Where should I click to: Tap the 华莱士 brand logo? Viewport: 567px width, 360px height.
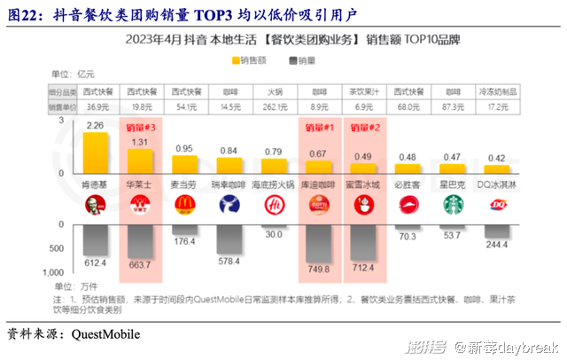[140, 206]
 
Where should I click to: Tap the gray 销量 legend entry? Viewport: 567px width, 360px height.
[302, 60]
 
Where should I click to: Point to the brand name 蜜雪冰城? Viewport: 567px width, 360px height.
[365, 185]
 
